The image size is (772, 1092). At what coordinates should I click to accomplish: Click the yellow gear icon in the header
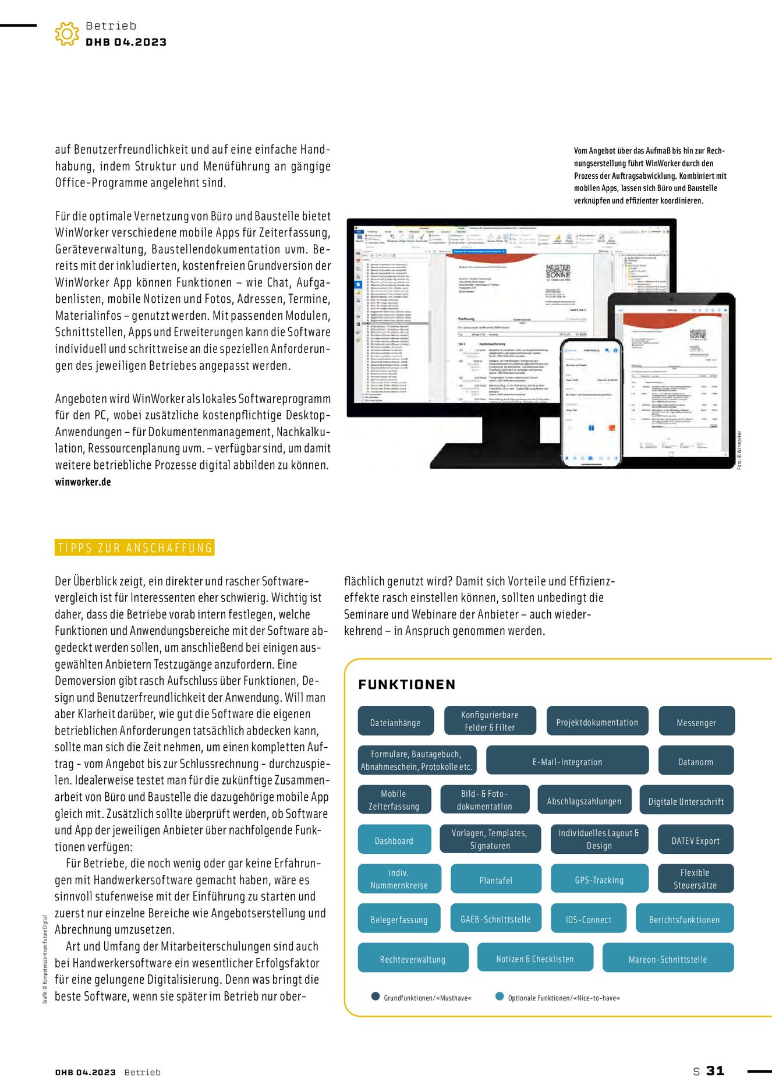point(67,34)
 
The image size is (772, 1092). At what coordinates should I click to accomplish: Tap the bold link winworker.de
point(83,482)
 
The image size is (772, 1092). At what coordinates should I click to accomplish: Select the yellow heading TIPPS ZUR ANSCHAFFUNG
point(134,548)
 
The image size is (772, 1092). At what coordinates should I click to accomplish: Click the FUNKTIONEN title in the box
point(407,684)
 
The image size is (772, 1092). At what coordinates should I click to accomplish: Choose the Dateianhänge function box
point(395,722)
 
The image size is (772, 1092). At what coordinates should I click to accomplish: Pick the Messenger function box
point(696,722)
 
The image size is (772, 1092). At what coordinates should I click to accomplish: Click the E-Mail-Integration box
point(567,761)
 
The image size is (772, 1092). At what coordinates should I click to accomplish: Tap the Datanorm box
point(696,761)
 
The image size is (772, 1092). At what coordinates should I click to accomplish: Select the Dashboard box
point(394,840)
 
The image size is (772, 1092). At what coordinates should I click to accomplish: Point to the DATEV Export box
point(696,840)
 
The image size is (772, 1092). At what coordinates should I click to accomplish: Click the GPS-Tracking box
point(599,879)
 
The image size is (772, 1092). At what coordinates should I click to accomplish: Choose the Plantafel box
point(496,880)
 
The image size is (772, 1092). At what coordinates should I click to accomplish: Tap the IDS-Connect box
point(589,919)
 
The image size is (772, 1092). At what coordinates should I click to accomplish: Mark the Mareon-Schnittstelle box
point(668,959)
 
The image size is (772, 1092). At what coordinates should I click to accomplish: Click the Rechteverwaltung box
point(413,959)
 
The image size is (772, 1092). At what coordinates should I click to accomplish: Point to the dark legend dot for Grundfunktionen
point(376,996)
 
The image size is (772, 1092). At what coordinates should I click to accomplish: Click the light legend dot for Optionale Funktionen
point(500,996)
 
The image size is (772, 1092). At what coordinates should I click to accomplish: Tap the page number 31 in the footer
point(716,1070)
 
